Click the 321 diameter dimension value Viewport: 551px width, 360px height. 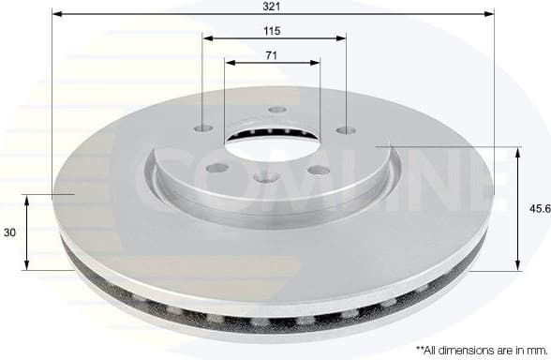[272, 6]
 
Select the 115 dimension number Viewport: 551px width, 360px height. [272, 30]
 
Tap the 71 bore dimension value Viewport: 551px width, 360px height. [272, 55]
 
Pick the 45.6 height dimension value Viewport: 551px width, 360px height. [538, 210]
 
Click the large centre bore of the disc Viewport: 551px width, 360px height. [272, 140]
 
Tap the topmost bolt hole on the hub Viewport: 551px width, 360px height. [277, 110]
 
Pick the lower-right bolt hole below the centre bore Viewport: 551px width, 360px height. [319, 170]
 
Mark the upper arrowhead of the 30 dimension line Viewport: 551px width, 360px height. [26, 200]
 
